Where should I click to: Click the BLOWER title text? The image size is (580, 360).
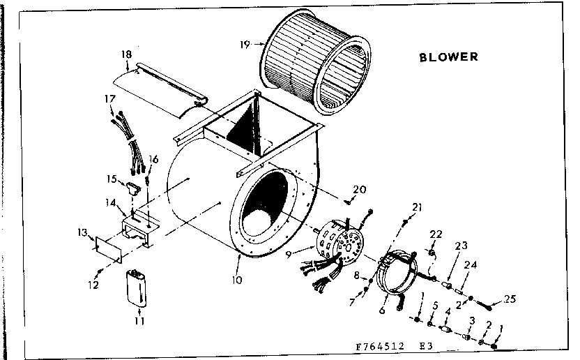(448, 57)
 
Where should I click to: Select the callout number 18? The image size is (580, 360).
(126, 54)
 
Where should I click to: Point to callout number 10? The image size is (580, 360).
(238, 280)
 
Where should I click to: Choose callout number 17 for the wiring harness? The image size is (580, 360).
(109, 100)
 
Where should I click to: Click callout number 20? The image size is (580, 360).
(360, 189)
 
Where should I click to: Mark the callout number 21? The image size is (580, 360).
(418, 207)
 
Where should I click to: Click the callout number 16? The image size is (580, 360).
(153, 159)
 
